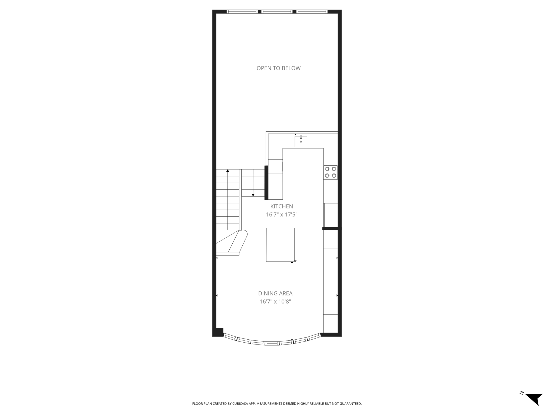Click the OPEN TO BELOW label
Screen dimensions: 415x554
point(278,68)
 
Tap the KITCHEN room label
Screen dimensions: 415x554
point(282,206)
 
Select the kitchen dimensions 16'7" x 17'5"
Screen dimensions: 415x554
point(282,215)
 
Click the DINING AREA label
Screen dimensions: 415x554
point(275,293)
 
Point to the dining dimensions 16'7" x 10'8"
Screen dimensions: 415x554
point(275,302)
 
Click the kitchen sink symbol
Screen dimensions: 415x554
point(301,141)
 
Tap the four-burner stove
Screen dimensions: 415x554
point(331,172)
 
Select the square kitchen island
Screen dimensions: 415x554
point(280,245)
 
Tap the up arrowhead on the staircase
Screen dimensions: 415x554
point(228,171)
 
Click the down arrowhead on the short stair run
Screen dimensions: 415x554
point(253,195)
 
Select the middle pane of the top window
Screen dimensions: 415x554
point(277,12)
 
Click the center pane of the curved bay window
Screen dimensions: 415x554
point(272,343)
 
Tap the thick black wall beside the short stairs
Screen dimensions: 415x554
point(266,183)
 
